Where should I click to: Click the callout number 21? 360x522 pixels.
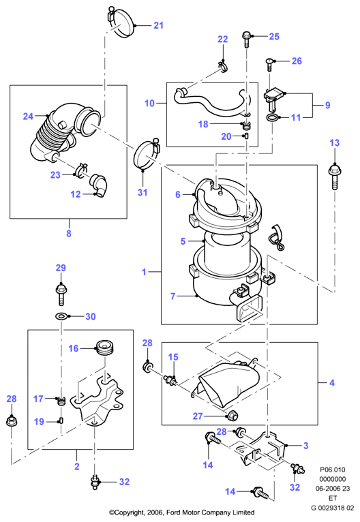[x=158, y=25]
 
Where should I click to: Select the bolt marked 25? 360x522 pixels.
[x=246, y=40]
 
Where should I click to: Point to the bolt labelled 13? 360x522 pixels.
[x=334, y=176]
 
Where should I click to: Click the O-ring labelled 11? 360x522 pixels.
[x=273, y=117]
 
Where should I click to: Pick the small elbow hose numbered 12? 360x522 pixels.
[x=99, y=185]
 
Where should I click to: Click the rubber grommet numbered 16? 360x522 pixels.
[x=105, y=348]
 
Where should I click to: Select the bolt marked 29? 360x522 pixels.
[x=60, y=294]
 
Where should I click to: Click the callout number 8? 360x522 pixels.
[x=69, y=233]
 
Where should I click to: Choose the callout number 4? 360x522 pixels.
[x=331, y=382]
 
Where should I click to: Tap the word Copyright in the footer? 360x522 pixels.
[x=130, y=512]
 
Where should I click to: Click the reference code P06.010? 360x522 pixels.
[x=332, y=470]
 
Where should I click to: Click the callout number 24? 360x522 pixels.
[x=28, y=116]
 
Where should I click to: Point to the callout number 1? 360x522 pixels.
[x=144, y=272]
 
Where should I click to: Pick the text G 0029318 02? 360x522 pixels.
[x=332, y=508]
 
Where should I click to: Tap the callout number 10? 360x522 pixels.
[x=149, y=103]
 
